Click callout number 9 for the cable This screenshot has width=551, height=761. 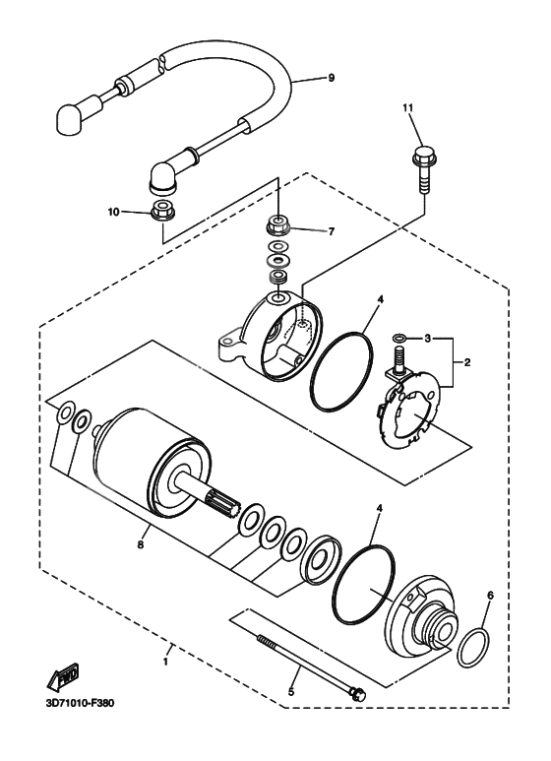[x=332, y=77]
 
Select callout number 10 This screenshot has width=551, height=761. [x=113, y=212]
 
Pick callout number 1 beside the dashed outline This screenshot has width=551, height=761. [x=165, y=661]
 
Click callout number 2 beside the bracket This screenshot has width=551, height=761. [x=468, y=362]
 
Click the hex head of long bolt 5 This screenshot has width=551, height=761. [x=358, y=695]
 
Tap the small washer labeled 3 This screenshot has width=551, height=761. [x=398, y=338]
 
